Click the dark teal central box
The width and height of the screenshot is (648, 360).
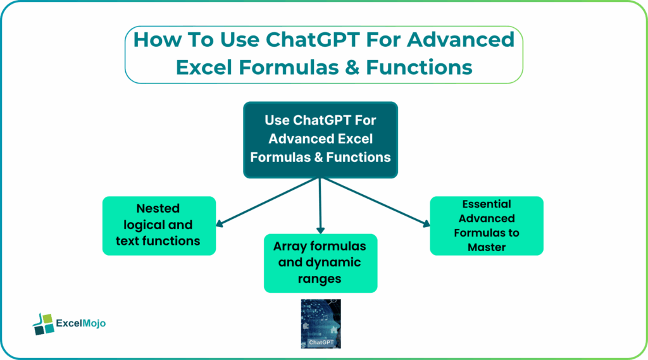point(320,139)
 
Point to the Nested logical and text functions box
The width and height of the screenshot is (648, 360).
point(159,225)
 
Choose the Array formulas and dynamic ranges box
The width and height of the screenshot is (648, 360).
point(320,263)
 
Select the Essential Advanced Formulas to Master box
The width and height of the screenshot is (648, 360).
point(486,225)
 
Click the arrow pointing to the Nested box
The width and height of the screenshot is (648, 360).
point(266,202)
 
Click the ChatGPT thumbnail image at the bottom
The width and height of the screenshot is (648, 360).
point(320,323)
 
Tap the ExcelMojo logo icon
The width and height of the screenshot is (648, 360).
point(43,323)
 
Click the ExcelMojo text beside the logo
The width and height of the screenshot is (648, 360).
point(81,323)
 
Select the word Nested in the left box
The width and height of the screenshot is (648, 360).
point(158,209)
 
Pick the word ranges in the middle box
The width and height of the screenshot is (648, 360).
point(320,278)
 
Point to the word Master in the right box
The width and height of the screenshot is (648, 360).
point(486,247)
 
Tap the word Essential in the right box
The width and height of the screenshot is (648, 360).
point(486,204)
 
